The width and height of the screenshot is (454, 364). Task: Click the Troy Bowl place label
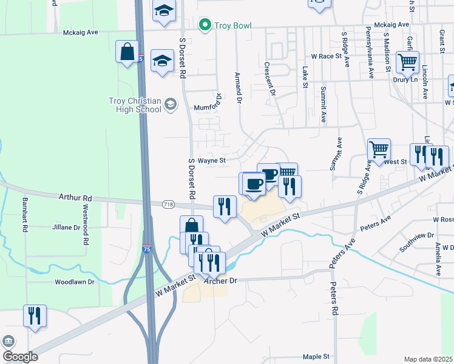pyautogui.click(x=231, y=26)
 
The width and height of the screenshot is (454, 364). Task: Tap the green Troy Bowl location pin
pyautogui.click(x=205, y=25)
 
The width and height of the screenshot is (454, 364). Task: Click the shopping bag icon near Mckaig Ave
pyautogui.click(x=127, y=52)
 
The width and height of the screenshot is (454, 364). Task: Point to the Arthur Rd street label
pyautogui.click(x=75, y=198)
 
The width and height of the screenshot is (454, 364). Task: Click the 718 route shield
pyautogui.click(x=168, y=205)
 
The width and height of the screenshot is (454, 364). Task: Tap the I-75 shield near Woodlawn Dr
pyautogui.click(x=146, y=249)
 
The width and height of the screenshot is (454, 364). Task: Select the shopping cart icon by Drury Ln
pyautogui.click(x=407, y=62)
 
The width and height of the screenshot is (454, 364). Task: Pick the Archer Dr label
pyautogui.click(x=220, y=281)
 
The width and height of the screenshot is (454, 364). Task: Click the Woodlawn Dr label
pyautogui.click(x=74, y=282)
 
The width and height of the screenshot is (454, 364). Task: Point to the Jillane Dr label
pyautogui.click(x=68, y=227)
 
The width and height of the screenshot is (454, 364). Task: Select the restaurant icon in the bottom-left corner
pyautogui.click(x=34, y=316)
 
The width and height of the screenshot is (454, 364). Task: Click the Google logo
pyautogui.click(x=20, y=356)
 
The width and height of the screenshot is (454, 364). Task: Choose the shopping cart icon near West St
pyautogui.click(x=379, y=149)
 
